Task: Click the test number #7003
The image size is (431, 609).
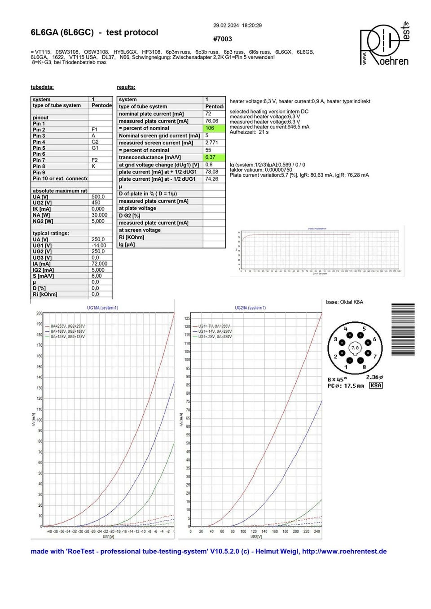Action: coord(222,39)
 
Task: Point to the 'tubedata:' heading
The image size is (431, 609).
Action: coord(42,87)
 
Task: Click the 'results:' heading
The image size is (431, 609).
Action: coord(126,87)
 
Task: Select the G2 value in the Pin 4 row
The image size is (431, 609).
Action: coord(95,142)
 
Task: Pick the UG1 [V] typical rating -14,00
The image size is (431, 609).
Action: coord(99,245)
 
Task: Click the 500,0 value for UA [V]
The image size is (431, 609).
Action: coord(98,196)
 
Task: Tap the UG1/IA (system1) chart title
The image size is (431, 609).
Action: coord(102,308)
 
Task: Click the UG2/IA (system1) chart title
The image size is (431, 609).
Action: coord(250,308)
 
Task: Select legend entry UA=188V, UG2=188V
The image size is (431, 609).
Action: coord(67,331)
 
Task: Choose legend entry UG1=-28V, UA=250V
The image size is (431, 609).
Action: coord(215,336)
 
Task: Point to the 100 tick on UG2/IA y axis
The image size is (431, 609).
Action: coord(187,360)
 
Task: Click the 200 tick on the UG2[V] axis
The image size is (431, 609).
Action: coord(296,531)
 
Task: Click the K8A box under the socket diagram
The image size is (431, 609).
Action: coord(376,385)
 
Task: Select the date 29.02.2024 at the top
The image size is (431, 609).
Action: coord(226,26)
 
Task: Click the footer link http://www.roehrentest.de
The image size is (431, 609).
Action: coord(344,552)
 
